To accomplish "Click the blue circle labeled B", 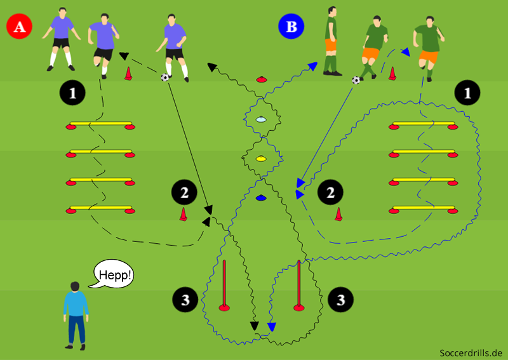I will (x=291, y=27).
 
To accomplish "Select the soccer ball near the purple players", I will (x=165, y=77).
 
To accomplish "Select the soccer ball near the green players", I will (x=356, y=80).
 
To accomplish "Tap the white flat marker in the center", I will (x=261, y=119).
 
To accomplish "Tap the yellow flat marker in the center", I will (x=260, y=158).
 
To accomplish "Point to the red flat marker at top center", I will (x=261, y=79).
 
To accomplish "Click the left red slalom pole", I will (x=224, y=286).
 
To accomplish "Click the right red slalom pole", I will (x=298, y=286).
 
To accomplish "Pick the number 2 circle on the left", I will (x=184, y=192).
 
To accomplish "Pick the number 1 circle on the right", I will (x=468, y=93).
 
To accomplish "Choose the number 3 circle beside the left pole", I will (x=185, y=298).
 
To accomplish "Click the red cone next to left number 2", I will (x=183, y=215).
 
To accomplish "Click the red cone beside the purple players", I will (x=128, y=74).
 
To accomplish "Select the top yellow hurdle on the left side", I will (x=100, y=124).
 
